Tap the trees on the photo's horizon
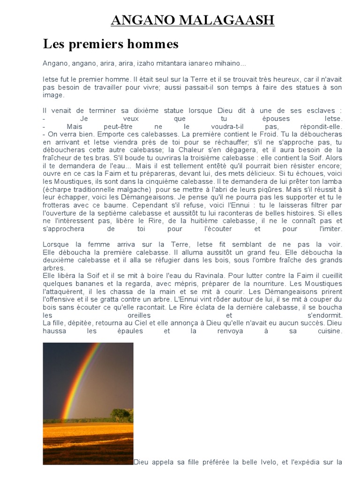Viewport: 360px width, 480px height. (x=121, y=415)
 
